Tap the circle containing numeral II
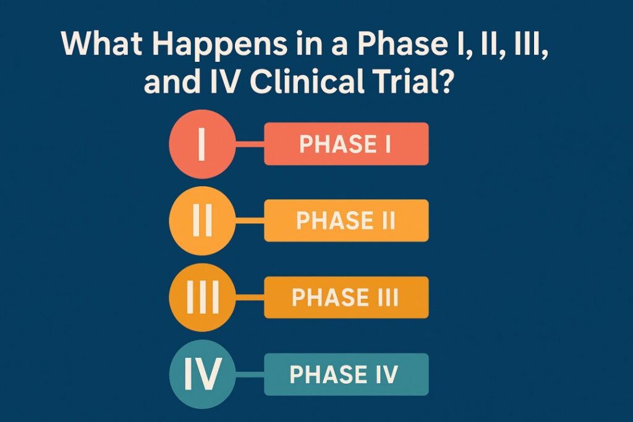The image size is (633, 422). click(x=202, y=220)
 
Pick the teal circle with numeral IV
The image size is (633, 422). click(x=202, y=374)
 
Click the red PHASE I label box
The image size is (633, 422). click(x=346, y=144)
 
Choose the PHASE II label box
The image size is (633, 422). click(x=346, y=220)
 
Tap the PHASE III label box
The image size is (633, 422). click(x=346, y=297)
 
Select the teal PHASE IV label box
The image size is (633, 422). click(x=346, y=374)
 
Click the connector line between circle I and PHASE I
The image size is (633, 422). click(x=250, y=145)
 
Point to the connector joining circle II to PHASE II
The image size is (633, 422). click(x=250, y=221)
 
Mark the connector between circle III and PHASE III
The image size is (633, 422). click(x=250, y=298)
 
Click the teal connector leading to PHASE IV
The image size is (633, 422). click(x=250, y=374)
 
